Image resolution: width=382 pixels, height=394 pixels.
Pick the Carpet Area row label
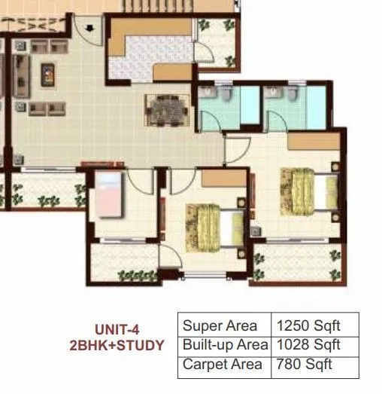click(x=223, y=365)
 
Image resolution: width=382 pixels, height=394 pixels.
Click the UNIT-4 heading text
click(x=117, y=328)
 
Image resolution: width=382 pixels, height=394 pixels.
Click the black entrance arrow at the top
click(x=90, y=29)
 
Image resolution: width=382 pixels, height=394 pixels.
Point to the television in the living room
click(x=46, y=74)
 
